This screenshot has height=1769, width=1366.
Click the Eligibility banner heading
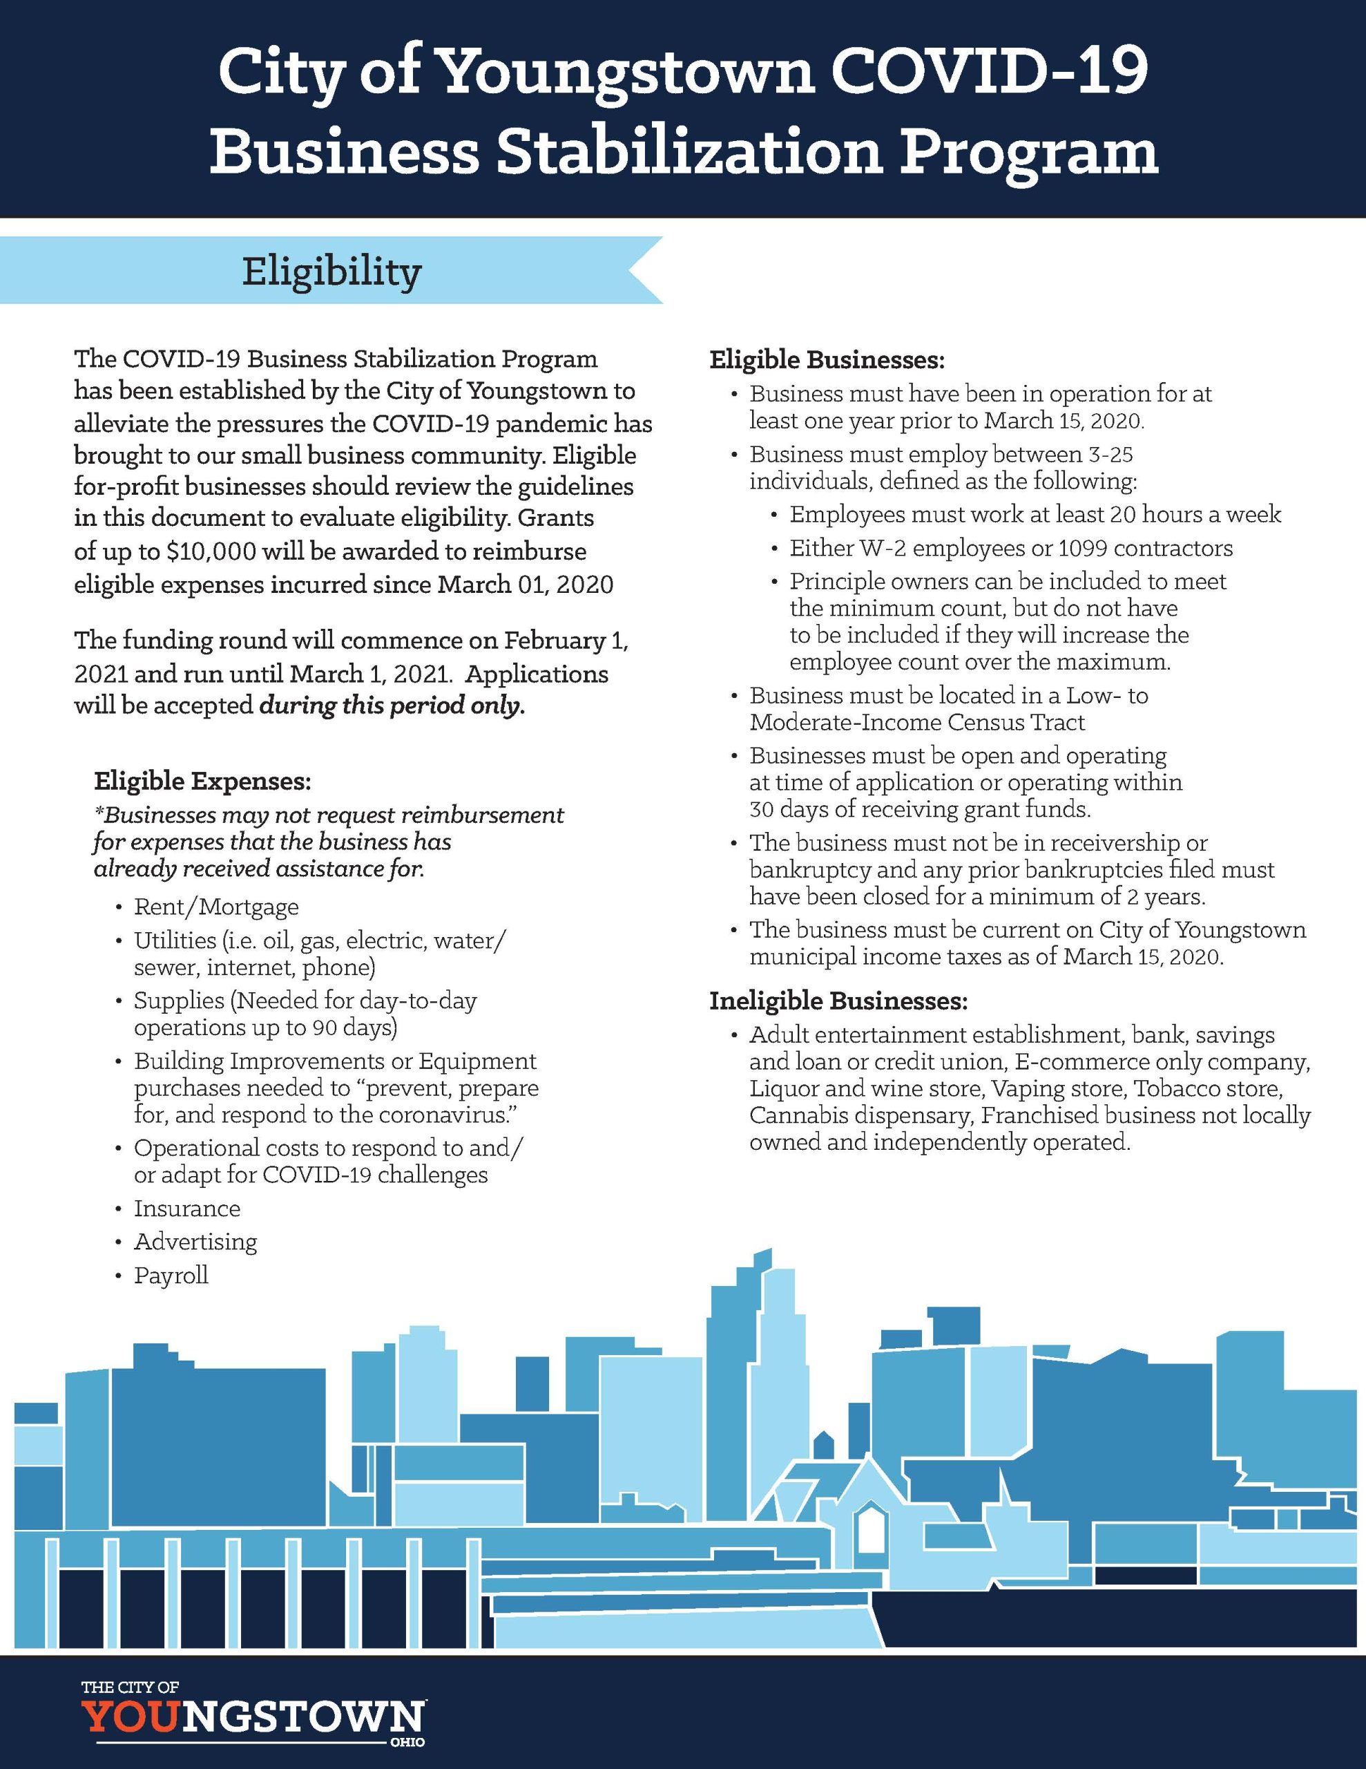pos(331,272)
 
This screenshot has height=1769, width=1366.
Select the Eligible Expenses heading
pos(202,781)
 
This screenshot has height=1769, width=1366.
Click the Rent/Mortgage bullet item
pos(216,907)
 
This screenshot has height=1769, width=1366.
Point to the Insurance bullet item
pos(187,1209)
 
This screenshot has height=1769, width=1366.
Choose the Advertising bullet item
pos(195,1242)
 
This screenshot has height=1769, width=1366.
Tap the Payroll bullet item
pos(171,1275)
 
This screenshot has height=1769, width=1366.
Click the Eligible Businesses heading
pos(827,359)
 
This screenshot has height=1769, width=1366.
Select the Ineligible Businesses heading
pos(838,1001)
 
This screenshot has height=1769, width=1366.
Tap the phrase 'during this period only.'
pos(392,706)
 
